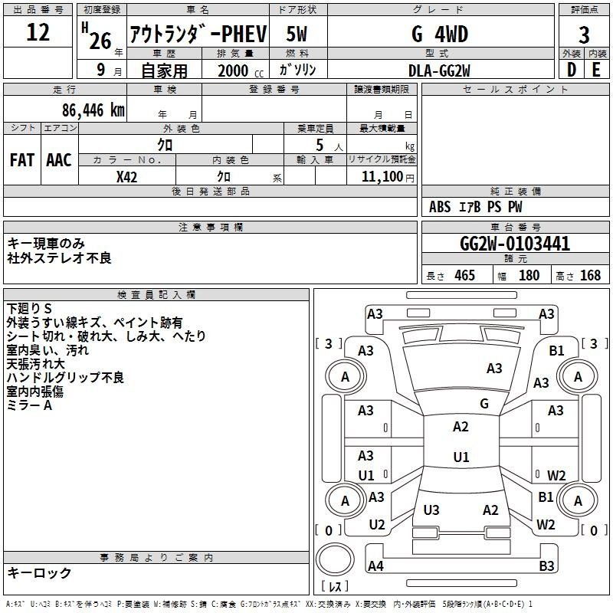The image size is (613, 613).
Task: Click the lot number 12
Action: pyautogui.click(x=38, y=33)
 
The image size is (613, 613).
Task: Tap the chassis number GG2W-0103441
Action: pyautogui.click(x=515, y=244)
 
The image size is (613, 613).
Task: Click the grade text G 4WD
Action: pyautogui.click(x=439, y=34)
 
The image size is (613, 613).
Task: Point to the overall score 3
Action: pyautogui.click(x=584, y=34)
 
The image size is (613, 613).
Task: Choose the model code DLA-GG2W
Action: pyautogui.click(x=439, y=70)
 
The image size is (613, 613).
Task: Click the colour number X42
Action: pyautogui.click(x=127, y=176)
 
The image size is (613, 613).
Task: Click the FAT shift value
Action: pyautogui.click(x=22, y=159)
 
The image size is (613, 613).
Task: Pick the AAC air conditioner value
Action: pyautogui.click(x=59, y=159)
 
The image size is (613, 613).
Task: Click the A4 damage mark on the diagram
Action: pyautogui.click(x=375, y=566)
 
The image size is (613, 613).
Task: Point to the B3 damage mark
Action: pyautogui.click(x=546, y=566)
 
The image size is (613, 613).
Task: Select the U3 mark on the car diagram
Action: pyautogui.click(x=431, y=510)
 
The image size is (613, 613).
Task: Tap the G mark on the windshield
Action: pyautogui.click(x=484, y=404)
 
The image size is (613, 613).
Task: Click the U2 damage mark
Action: pyautogui.click(x=376, y=525)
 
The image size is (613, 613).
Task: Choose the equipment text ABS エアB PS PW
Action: pyautogui.click(x=476, y=207)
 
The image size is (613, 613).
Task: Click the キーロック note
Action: pyautogui.click(x=40, y=572)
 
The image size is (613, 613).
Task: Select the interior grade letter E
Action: pyautogui.click(x=595, y=70)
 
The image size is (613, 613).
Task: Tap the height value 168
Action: pyautogui.click(x=591, y=276)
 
